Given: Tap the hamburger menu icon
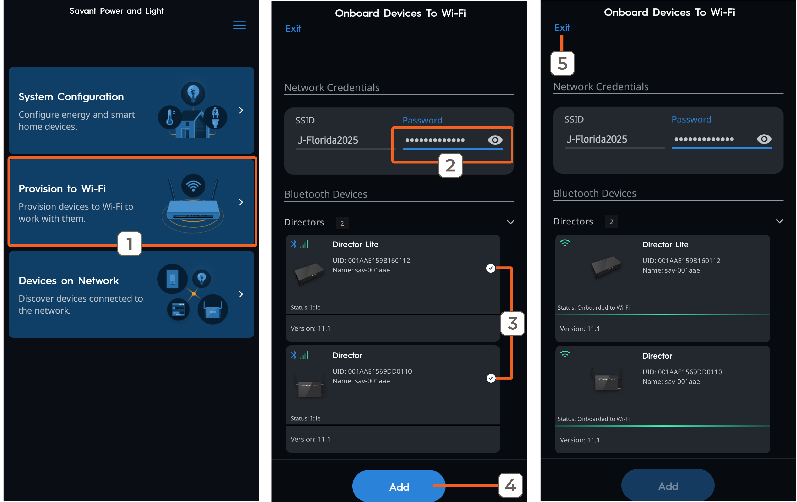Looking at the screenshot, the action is [239, 25].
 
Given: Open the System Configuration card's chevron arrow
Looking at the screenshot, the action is [241, 110].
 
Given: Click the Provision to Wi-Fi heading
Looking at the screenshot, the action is [62, 189].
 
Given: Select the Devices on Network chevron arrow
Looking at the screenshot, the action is [241, 294].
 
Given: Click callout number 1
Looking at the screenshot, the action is [130, 244].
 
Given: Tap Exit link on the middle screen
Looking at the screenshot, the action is [293, 29].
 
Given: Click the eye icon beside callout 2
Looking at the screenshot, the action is [495, 140].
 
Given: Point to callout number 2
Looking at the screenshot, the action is [450, 165].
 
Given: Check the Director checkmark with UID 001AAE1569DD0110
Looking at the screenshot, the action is [491, 378].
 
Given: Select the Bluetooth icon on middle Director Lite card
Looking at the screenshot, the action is [294, 244].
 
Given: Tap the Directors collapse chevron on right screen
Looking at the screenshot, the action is [780, 221].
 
